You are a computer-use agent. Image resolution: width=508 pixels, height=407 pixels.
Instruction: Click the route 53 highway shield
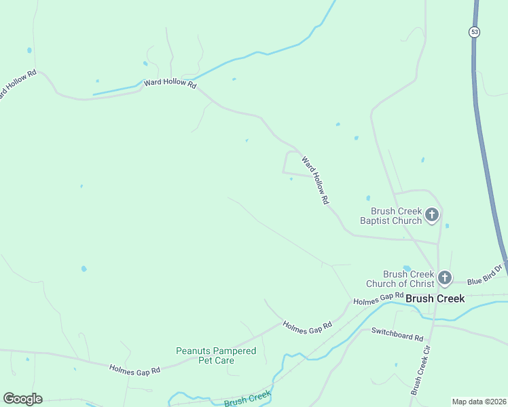click(474, 32)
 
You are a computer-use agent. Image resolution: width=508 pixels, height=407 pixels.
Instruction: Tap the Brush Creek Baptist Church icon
click(432, 216)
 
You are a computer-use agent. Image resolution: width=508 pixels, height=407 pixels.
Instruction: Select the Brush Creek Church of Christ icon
click(445, 277)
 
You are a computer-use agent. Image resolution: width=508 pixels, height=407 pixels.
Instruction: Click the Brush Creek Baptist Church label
click(391, 216)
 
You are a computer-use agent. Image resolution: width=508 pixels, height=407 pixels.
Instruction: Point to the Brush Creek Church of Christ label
click(399, 279)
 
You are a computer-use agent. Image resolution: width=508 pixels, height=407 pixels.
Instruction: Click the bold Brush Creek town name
click(435, 298)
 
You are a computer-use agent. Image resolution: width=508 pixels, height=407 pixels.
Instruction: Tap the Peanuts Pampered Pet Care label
click(216, 355)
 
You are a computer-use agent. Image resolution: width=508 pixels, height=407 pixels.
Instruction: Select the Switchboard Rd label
click(397, 334)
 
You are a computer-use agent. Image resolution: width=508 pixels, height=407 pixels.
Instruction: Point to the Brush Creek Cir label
click(420, 370)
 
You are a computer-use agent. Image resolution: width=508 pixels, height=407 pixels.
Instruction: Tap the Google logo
click(22, 399)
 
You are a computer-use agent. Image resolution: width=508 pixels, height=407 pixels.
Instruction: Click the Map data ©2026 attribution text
click(479, 402)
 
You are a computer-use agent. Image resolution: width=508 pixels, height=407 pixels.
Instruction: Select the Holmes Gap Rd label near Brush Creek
click(378, 298)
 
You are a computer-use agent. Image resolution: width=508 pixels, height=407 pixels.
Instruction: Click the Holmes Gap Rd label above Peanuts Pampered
click(307, 326)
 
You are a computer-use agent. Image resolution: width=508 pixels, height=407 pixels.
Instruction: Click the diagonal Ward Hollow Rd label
click(315, 181)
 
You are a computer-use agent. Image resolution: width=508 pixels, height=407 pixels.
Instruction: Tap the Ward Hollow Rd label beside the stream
click(170, 85)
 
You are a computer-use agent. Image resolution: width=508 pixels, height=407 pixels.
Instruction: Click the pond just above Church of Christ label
click(407, 268)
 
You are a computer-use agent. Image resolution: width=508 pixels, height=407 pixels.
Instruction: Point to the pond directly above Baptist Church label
click(368, 198)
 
